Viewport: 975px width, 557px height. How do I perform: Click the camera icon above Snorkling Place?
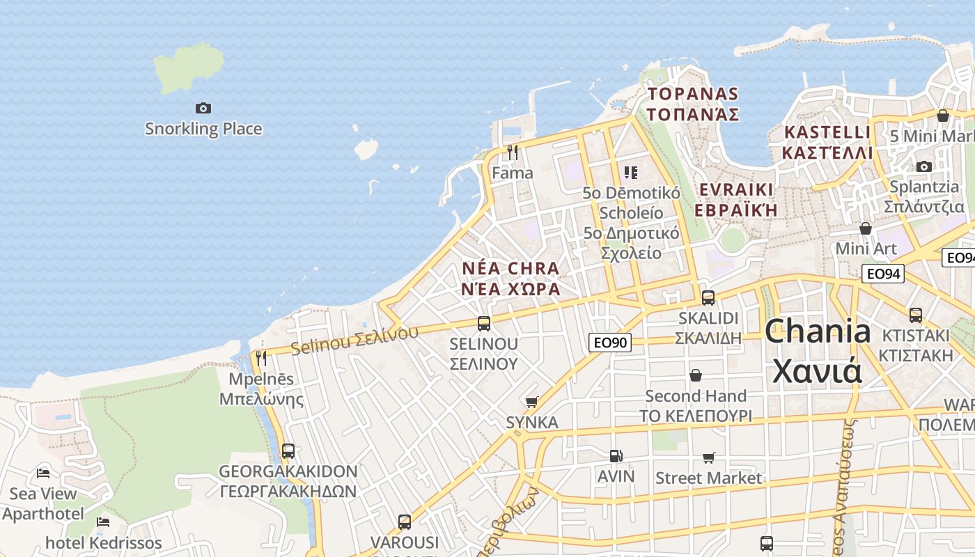click(x=203, y=108)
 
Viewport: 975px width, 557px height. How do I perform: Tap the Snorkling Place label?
click(x=203, y=129)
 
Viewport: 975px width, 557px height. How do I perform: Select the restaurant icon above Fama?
click(x=513, y=152)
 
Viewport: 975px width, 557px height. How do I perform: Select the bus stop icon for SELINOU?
click(x=484, y=323)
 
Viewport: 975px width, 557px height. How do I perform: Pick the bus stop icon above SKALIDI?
click(x=708, y=297)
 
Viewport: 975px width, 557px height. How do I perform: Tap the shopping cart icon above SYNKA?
click(x=532, y=402)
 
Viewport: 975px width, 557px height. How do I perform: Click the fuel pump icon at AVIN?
click(x=616, y=456)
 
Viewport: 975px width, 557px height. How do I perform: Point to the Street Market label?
click(x=708, y=478)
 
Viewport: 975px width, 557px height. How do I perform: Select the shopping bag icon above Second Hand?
click(x=695, y=375)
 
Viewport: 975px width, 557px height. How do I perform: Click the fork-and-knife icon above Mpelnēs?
click(x=261, y=358)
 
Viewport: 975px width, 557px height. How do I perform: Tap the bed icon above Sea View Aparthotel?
click(x=43, y=473)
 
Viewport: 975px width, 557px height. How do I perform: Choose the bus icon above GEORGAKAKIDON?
click(x=288, y=450)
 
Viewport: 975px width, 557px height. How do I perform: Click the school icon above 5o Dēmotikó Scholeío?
click(x=631, y=172)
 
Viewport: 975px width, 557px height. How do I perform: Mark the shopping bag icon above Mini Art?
click(x=866, y=228)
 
